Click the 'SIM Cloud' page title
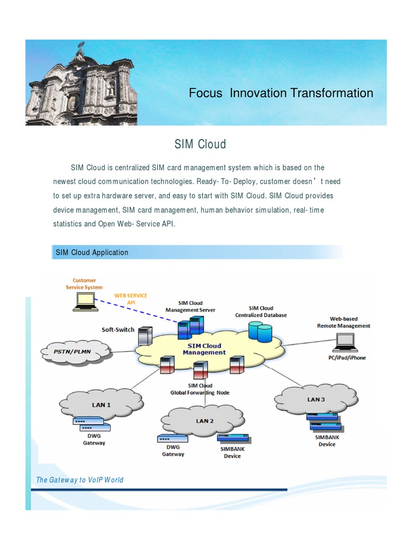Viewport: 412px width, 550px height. coord(200,144)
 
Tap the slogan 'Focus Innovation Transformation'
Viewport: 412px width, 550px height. coord(281,93)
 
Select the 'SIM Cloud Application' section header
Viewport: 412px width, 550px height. coord(92,252)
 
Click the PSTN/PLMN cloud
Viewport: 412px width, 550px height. coord(75,352)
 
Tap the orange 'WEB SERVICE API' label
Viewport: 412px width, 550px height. coord(130,299)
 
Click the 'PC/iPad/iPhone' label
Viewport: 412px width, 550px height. coord(347,357)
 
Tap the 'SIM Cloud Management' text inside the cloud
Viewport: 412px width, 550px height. coord(204,349)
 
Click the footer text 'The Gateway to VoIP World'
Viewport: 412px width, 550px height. coord(79,480)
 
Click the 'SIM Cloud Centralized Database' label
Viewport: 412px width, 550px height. coord(261,312)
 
